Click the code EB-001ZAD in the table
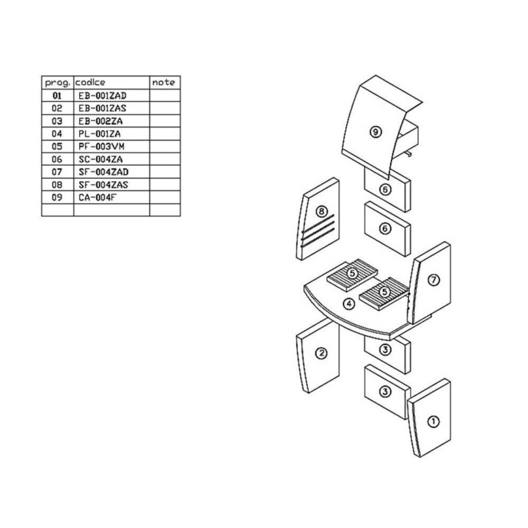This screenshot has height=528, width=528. pos(103,96)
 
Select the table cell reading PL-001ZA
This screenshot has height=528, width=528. pos(99,134)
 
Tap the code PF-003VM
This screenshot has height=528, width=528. pos(101,147)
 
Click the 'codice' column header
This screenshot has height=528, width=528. pos(90,82)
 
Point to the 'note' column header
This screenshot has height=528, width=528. pos(164,82)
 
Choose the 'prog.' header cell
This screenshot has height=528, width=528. pos(58,83)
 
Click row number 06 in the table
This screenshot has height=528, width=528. pos(57,159)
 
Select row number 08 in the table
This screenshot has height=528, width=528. pos(57,185)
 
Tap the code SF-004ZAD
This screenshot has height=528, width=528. pos(103,172)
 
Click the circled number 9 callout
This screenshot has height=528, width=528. pos(375,132)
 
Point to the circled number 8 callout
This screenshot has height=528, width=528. pos(322,211)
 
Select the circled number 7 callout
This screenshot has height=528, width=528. pos(433,280)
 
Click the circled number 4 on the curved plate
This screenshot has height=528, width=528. pos(349,304)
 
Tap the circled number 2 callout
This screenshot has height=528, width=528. pos(321,353)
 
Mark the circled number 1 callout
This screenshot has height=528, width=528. pos(433,422)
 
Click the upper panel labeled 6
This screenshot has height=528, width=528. pos(387,189)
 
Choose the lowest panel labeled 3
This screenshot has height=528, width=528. pos(387,392)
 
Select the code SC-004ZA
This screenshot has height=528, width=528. pos(100,159)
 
